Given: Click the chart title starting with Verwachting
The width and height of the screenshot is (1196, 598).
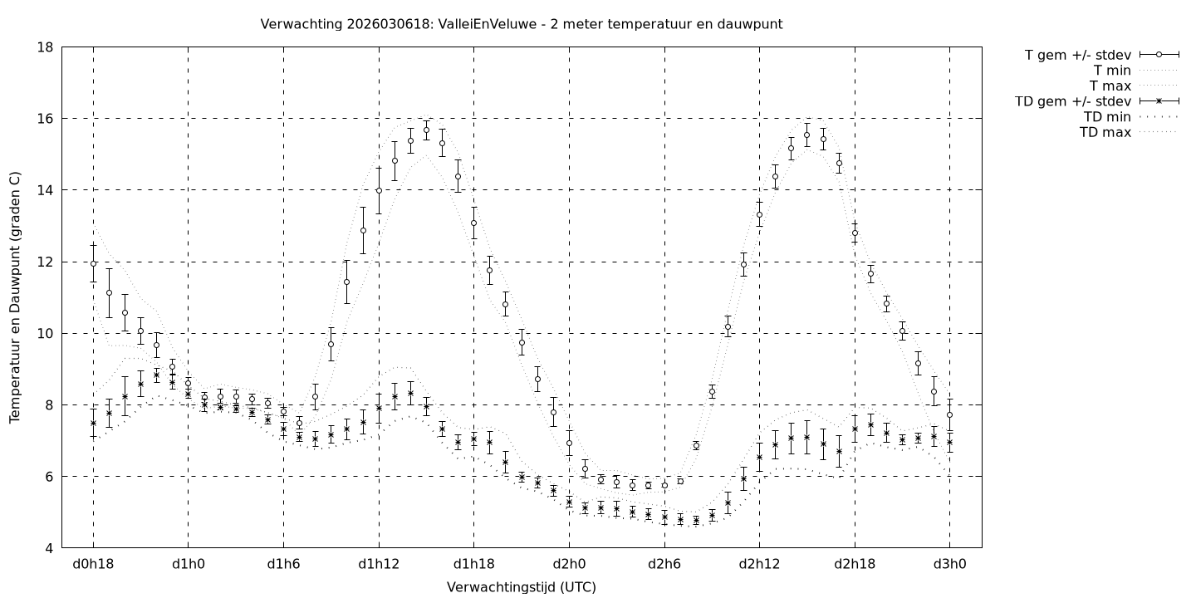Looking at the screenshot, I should [521, 24].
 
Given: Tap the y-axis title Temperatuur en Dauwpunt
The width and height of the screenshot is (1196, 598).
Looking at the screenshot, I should [15, 297].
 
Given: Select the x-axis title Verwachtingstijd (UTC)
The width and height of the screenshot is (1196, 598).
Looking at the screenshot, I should [521, 587].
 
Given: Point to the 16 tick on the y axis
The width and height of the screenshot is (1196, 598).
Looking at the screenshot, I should [46, 119].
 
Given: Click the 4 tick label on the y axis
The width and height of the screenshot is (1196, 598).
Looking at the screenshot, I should [49, 548].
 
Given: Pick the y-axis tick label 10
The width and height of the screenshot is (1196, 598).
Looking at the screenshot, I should [46, 333].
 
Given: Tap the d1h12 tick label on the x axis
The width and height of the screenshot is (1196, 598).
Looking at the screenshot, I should [379, 564].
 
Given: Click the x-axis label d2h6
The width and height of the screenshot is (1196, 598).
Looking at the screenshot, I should [664, 564].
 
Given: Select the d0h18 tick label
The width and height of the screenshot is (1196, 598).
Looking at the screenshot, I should [93, 564].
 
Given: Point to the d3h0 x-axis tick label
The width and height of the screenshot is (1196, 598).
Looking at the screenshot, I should [949, 564].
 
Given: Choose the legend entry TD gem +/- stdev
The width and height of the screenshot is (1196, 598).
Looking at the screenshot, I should [1072, 101].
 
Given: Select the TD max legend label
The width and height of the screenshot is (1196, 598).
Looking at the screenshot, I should [1105, 132].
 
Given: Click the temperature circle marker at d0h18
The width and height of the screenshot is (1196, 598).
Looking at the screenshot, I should [93, 263].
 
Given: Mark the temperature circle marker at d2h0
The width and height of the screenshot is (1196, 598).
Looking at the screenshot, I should [569, 444].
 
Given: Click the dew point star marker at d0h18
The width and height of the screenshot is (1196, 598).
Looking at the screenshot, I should [93, 423].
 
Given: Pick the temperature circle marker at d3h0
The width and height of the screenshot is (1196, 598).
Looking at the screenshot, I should [949, 414].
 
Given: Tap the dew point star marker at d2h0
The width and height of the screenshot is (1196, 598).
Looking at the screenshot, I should [569, 502].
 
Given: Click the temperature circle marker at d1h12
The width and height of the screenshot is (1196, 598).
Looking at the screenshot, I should [379, 190].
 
